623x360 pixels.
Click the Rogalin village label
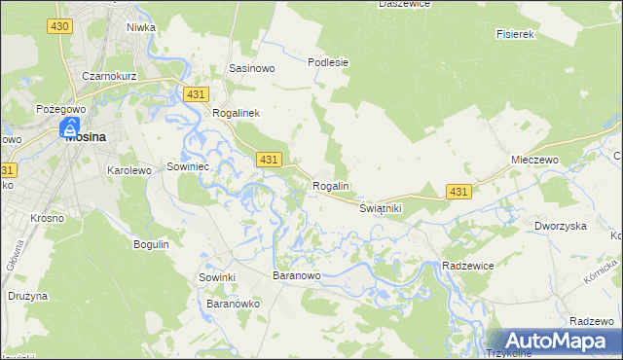[331, 186]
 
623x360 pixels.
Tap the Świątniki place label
[381, 209]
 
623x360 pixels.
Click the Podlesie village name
[328, 62]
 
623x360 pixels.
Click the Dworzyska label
[560, 226]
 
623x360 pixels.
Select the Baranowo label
[297, 276]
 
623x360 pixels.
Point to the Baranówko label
[232, 304]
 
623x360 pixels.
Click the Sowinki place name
[218, 277]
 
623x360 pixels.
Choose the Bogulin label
[151, 243]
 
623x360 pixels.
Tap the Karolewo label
[128, 169]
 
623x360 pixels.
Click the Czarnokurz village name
[108, 76]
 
